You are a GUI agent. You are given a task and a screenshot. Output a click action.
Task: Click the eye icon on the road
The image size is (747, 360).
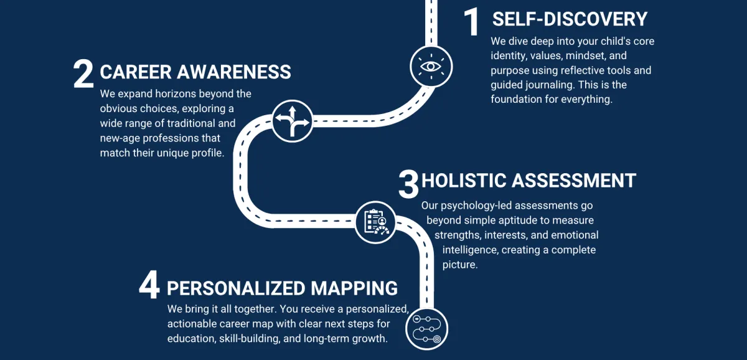click(431, 66)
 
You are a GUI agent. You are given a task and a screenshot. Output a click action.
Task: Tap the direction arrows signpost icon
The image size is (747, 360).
click(292, 120)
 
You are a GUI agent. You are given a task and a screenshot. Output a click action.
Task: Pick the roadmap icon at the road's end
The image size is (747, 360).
click(426, 329)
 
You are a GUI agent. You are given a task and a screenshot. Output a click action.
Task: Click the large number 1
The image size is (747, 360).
click(472, 22)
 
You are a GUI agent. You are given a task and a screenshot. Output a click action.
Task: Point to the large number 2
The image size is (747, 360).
click(83, 74)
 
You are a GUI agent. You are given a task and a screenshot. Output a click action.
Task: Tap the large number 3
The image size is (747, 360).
click(408, 184)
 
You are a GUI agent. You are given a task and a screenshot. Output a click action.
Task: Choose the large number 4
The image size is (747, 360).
click(149, 288)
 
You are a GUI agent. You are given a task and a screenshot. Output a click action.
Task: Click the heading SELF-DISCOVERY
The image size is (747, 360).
click(570, 19)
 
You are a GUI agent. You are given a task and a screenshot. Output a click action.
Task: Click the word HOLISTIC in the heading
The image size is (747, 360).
click(463, 181)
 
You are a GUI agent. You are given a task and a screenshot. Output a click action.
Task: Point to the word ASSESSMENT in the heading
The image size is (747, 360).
click(573, 181)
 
